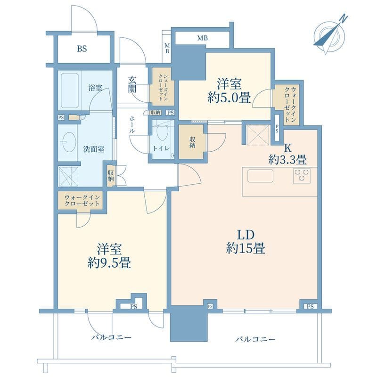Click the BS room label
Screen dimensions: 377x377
82,49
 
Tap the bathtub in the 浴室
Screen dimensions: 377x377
70,90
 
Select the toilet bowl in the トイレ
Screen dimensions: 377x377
162,132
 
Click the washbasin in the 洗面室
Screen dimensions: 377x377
68,142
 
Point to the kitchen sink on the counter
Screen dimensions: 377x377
261,176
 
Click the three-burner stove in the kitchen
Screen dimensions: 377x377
302,175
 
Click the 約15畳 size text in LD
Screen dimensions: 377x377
246,248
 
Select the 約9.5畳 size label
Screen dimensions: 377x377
109,262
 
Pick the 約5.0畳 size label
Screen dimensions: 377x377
229,98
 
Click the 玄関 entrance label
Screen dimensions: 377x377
132,84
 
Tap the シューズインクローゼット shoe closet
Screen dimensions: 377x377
162,87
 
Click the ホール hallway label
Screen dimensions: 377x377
132,124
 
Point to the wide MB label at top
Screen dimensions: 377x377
203,38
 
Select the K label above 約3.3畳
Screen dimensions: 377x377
288,148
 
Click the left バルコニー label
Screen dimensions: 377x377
111,337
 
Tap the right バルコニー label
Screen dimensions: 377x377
255,339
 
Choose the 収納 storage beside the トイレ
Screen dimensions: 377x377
192,142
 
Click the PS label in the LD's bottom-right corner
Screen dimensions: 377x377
310,307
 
